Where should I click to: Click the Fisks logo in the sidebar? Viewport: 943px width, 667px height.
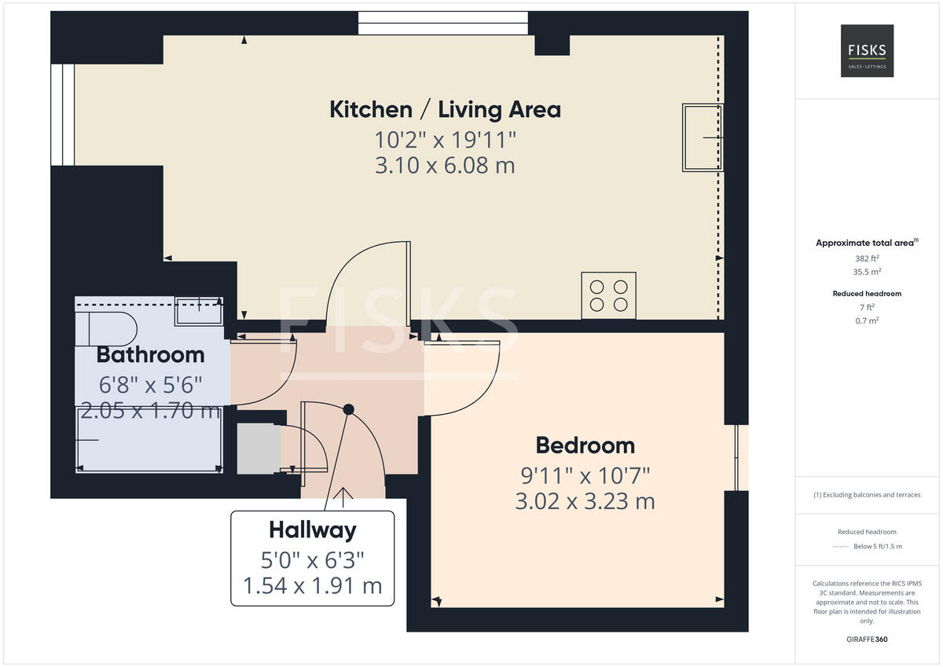[x=867, y=51]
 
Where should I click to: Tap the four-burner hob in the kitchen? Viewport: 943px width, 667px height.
[x=608, y=295]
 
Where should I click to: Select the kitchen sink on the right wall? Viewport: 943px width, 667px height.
[x=702, y=137]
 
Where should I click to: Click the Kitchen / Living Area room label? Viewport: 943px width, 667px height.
[x=445, y=109]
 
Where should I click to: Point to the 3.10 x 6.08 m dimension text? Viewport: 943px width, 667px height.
[x=445, y=166]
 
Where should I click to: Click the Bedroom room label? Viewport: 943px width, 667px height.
[x=585, y=445]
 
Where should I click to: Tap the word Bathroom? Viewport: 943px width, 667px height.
[x=150, y=355]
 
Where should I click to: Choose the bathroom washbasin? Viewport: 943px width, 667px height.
[x=198, y=311]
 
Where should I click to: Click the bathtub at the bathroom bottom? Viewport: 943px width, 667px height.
[x=149, y=440]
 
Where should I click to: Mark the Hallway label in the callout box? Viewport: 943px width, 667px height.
[x=312, y=530]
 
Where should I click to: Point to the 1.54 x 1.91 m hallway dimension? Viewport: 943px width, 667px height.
[x=312, y=585]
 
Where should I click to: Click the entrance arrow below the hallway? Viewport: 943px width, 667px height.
[x=343, y=495]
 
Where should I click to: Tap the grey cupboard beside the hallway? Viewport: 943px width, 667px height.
[x=257, y=449]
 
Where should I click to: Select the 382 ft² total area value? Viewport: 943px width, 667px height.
[x=867, y=258]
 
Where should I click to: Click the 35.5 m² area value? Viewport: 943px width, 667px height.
[x=867, y=272]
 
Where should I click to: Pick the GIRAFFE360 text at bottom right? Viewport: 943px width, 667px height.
[x=867, y=639]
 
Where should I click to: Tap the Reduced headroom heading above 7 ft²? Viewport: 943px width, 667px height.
[x=867, y=293]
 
